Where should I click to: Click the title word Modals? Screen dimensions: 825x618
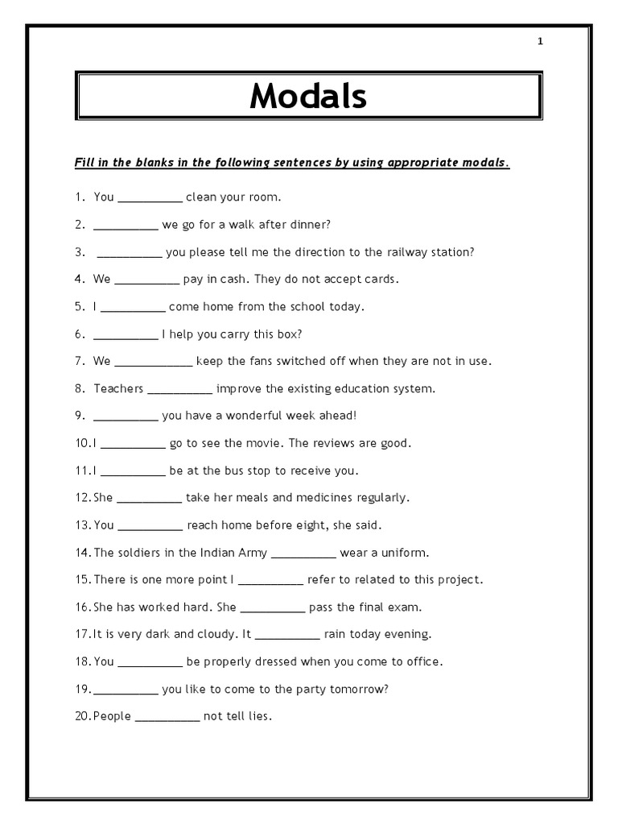308,97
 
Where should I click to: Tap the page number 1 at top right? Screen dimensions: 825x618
541,42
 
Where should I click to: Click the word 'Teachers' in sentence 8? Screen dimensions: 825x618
118,389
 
